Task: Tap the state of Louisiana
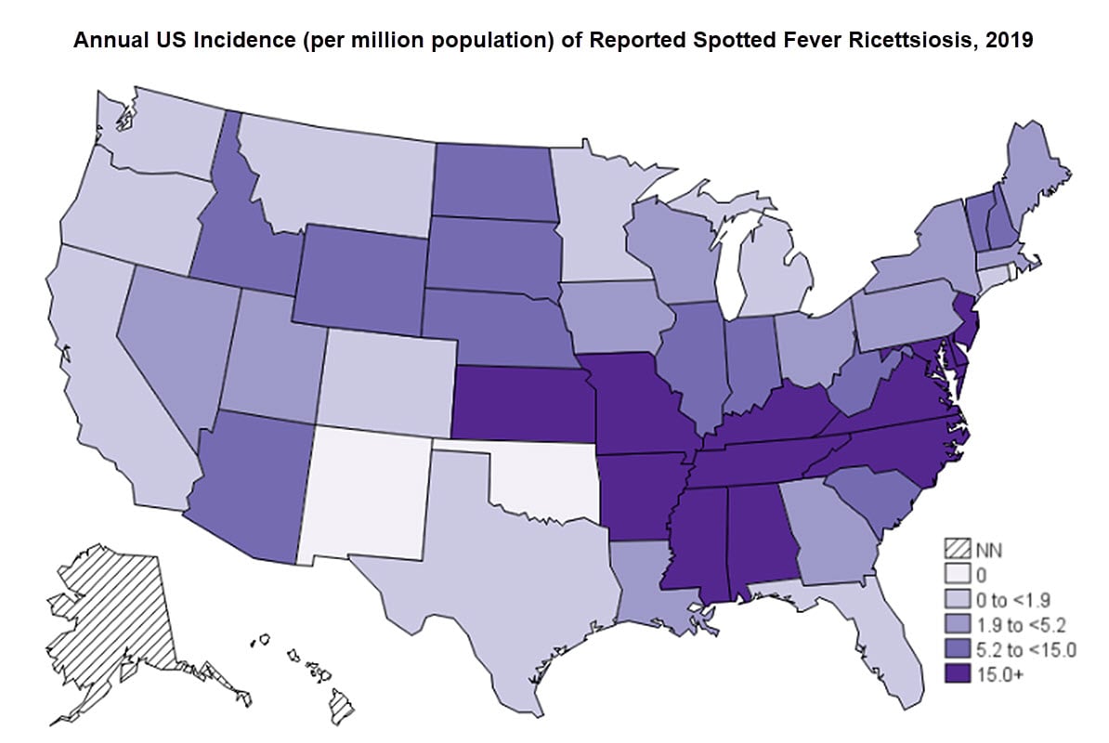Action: [x=646, y=594]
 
